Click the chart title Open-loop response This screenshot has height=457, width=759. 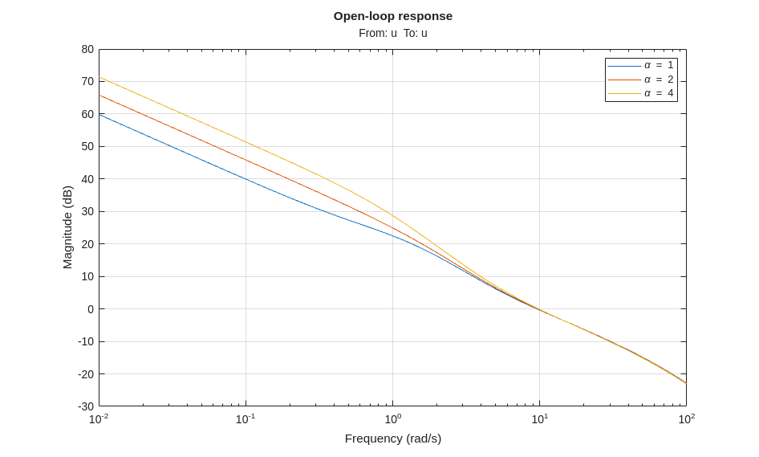coord(392,16)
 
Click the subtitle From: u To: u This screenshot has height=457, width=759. coord(392,33)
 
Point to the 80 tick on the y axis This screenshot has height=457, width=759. coord(87,49)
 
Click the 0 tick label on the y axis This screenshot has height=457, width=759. coord(91,309)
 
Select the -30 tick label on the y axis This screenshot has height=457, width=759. coord(86,406)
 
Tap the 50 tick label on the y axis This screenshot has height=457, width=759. coord(87,146)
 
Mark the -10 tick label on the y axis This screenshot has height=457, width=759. coord(86,341)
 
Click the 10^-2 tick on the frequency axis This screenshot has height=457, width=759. coord(99,419)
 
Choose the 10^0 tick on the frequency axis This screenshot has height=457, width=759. coord(392,419)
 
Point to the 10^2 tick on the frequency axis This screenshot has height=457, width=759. coord(686,419)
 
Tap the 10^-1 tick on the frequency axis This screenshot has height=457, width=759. coord(246,419)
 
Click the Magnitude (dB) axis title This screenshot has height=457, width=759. coord(67,227)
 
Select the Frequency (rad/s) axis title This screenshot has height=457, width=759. coord(392,439)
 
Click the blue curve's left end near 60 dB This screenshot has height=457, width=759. coord(100,115)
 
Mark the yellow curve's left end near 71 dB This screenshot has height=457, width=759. coord(100,78)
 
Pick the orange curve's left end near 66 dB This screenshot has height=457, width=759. coord(100,96)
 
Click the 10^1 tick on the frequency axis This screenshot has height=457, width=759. coord(539,419)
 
